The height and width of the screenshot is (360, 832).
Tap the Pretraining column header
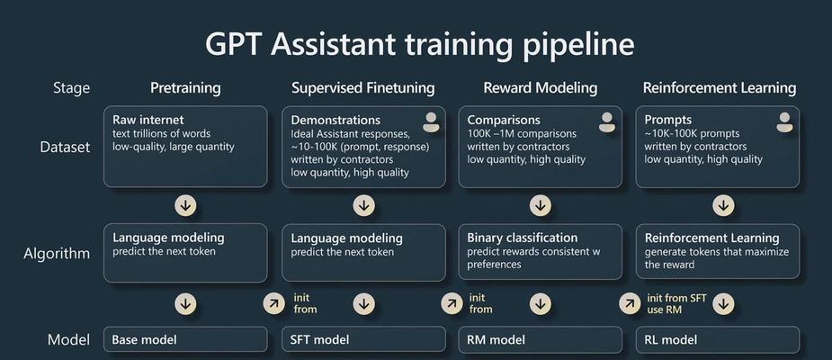tap(185, 88)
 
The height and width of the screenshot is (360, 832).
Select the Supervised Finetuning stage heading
tap(363, 88)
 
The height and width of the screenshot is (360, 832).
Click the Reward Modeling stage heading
tap(541, 88)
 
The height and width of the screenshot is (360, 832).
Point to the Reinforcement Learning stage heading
tap(720, 88)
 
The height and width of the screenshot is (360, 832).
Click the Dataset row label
tap(65, 147)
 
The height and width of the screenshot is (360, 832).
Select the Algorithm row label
tap(57, 254)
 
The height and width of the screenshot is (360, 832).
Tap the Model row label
tap(68, 339)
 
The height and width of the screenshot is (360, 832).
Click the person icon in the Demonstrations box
tap(431, 122)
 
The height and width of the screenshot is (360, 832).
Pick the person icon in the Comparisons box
tap(607, 122)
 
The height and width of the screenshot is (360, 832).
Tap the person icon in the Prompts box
tap(784, 122)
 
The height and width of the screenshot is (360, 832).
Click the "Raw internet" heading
tap(148, 120)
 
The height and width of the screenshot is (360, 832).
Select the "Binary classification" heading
tap(522, 238)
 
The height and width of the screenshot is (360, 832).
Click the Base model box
tap(185, 339)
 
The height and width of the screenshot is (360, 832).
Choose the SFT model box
tap(363, 339)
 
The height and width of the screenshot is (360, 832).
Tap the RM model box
tap(541, 339)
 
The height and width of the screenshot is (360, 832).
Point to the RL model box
tap(718, 339)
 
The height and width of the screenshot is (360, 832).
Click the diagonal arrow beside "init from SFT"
tap(630, 303)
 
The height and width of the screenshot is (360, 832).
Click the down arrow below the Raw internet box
tap(185, 206)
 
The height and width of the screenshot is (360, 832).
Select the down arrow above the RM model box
tap(541, 303)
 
